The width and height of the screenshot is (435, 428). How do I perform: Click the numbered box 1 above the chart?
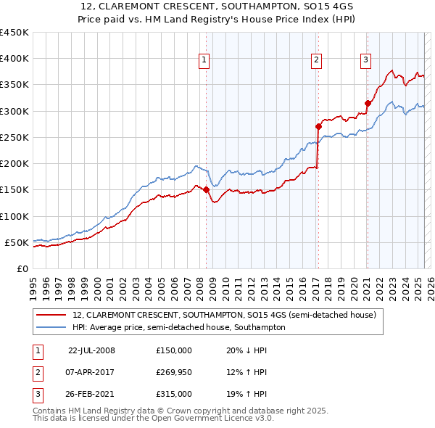click(x=205, y=60)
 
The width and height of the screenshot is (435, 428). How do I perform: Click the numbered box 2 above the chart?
click(x=317, y=60)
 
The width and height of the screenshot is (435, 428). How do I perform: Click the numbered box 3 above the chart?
click(x=366, y=60)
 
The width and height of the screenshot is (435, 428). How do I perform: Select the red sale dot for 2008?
click(x=206, y=190)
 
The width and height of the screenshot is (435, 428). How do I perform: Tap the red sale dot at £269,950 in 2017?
click(x=318, y=126)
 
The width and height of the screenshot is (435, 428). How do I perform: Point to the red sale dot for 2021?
click(x=368, y=103)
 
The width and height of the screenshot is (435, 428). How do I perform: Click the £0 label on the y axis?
click(x=22, y=268)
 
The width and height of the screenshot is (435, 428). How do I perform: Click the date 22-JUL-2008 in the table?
click(x=91, y=350)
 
